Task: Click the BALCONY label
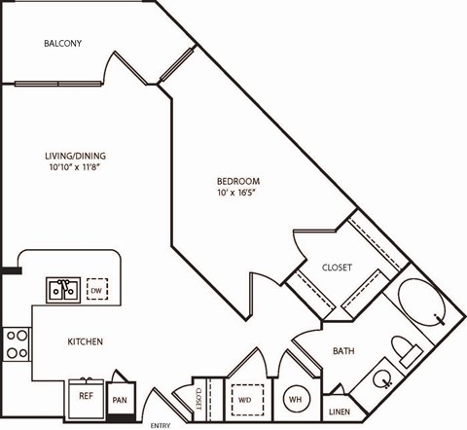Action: coord(62,44)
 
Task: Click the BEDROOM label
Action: coord(237,181)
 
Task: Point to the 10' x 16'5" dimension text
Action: coord(237,194)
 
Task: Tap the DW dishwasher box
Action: coord(97,290)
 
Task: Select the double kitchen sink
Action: coord(64,290)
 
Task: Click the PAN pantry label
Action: coord(120,399)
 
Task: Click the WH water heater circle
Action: coord(295,399)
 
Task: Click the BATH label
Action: coord(343,350)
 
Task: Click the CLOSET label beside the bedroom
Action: coord(337,268)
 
